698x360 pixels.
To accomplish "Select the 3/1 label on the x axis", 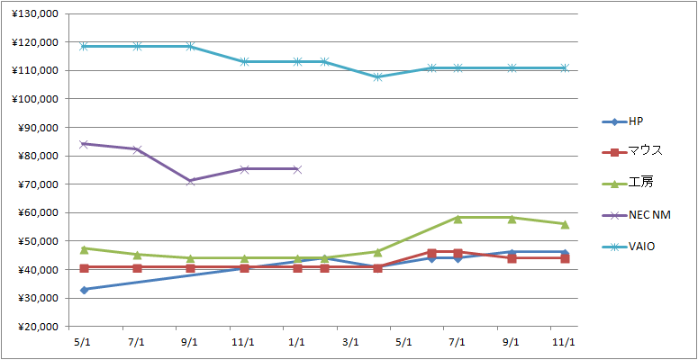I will tap(350, 343).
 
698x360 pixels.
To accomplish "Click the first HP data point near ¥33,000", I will tap(84, 290).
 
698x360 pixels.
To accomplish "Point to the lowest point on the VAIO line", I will tap(378, 76).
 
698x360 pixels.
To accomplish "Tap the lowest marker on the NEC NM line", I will tap(191, 181).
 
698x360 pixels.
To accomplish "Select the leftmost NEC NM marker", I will tap(84, 144).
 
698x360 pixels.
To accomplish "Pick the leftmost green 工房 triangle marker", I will tap(84, 248).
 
